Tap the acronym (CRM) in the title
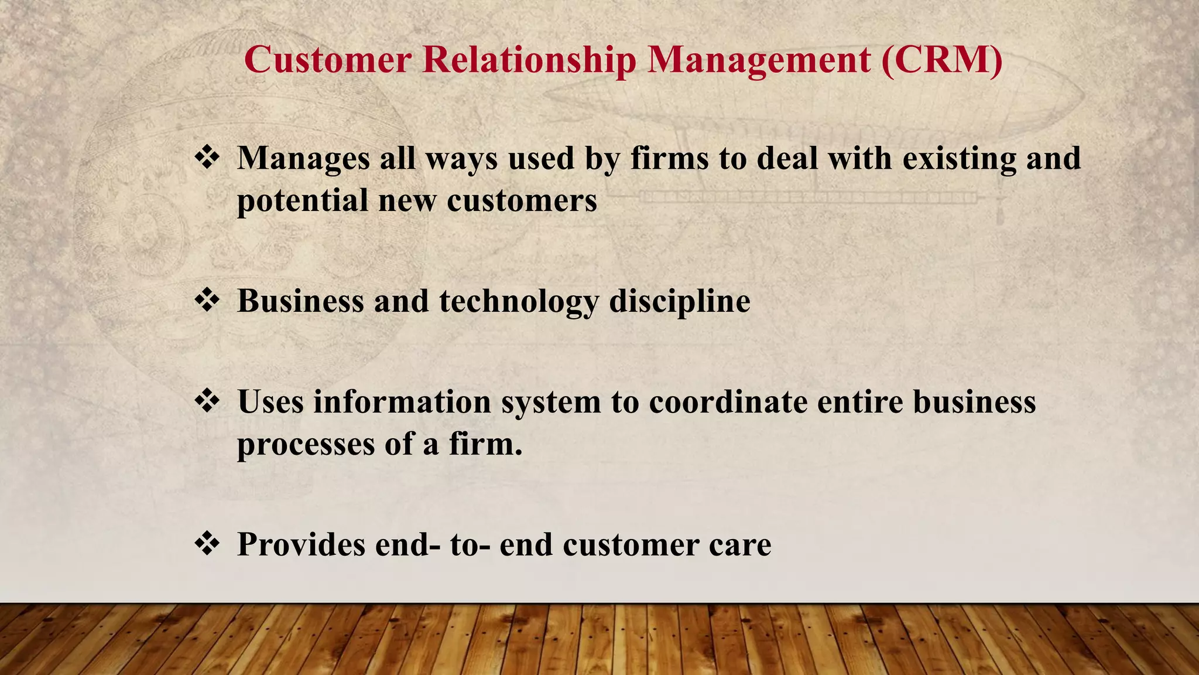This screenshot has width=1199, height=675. tap(941, 60)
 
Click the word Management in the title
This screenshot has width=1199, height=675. tap(759, 60)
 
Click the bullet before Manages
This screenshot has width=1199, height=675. tap(207, 158)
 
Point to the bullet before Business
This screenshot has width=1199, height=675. tap(207, 301)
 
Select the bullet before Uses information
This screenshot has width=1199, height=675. tap(207, 401)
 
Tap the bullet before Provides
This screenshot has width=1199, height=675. tap(207, 544)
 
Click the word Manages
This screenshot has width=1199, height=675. tap(303, 159)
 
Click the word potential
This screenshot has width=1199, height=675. tap(302, 201)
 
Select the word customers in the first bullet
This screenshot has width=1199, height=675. tap(522, 201)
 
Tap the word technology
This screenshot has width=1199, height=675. tap(519, 302)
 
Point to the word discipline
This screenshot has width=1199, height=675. tap(680, 302)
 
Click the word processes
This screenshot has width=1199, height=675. tap(305, 445)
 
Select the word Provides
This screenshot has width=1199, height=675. tap(300, 544)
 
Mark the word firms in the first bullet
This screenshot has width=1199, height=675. tap(669, 159)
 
